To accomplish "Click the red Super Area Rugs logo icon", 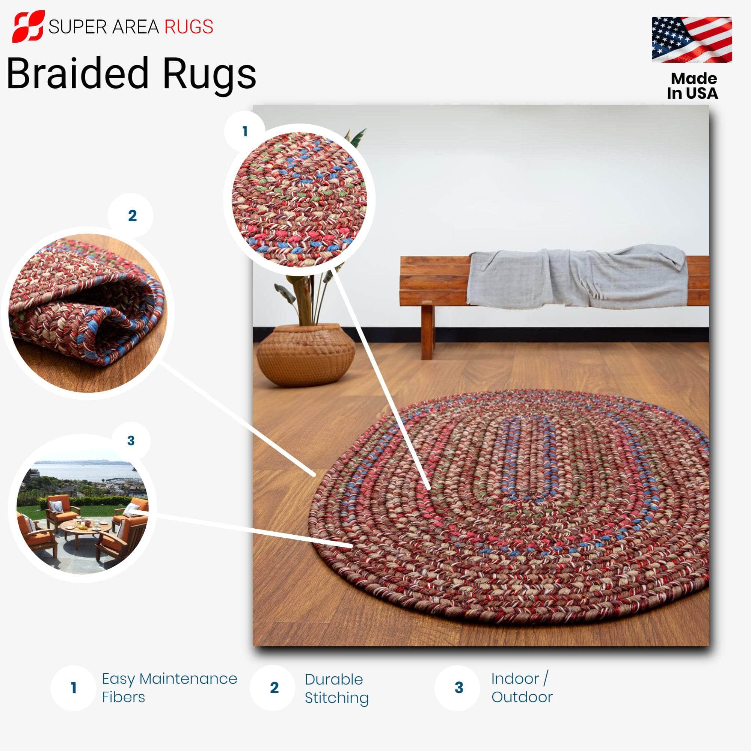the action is tap(28, 26).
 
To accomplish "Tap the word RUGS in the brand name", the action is tap(189, 27).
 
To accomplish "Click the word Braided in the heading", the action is tap(77, 73).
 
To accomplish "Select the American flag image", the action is tap(692, 40).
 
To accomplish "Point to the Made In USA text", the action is tap(693, 86).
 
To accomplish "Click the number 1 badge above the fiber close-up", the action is tap(245, 131).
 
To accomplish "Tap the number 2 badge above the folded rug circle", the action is tap(132, 216).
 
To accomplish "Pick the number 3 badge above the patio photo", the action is tap(131, 441).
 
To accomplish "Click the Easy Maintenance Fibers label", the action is tap(169, 688).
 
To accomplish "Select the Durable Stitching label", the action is tap(336, 688).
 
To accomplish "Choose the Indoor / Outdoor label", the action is tap(522, 688).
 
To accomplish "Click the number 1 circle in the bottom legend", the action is tap(73, 688).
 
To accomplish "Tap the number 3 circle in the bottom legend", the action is tap(459, 688).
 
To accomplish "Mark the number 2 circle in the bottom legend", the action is tap(274, 688).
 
